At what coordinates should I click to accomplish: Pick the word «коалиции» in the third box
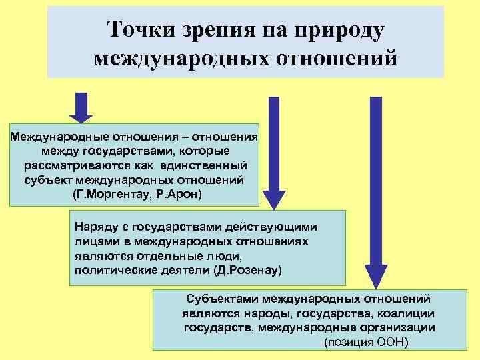(x=411, y=313)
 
